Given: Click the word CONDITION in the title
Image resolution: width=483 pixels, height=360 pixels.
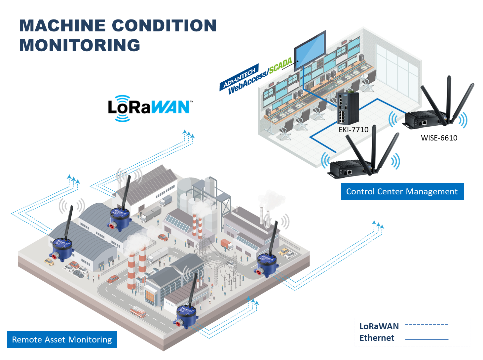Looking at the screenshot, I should click(x=164, y=26).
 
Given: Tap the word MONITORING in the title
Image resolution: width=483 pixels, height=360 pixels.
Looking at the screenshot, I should click(x=80, y=46).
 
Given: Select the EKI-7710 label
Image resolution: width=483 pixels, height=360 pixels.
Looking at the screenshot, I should click(x=353, y=130).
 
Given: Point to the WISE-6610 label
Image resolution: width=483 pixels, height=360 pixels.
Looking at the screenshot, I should click(x=439, y=138).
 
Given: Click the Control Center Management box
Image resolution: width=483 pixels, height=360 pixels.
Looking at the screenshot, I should click(x=402, y=191).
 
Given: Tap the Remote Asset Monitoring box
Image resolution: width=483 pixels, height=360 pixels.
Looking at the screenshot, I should click(x=62, y=340).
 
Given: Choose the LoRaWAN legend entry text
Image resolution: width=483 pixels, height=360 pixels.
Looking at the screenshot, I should click(x=379, y=326).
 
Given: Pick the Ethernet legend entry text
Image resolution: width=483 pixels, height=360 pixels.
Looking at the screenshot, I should click(x=377, y=338).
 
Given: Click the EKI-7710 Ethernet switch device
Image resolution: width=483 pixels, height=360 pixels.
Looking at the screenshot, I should click(x=347, y=108).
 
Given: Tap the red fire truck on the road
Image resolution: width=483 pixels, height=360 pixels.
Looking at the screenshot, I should click(x=138, y=312).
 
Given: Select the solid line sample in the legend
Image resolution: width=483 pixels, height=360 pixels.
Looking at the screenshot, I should click(x=427, y=340).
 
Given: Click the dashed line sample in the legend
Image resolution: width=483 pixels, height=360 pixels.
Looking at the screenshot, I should click(x=427, y=325).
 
